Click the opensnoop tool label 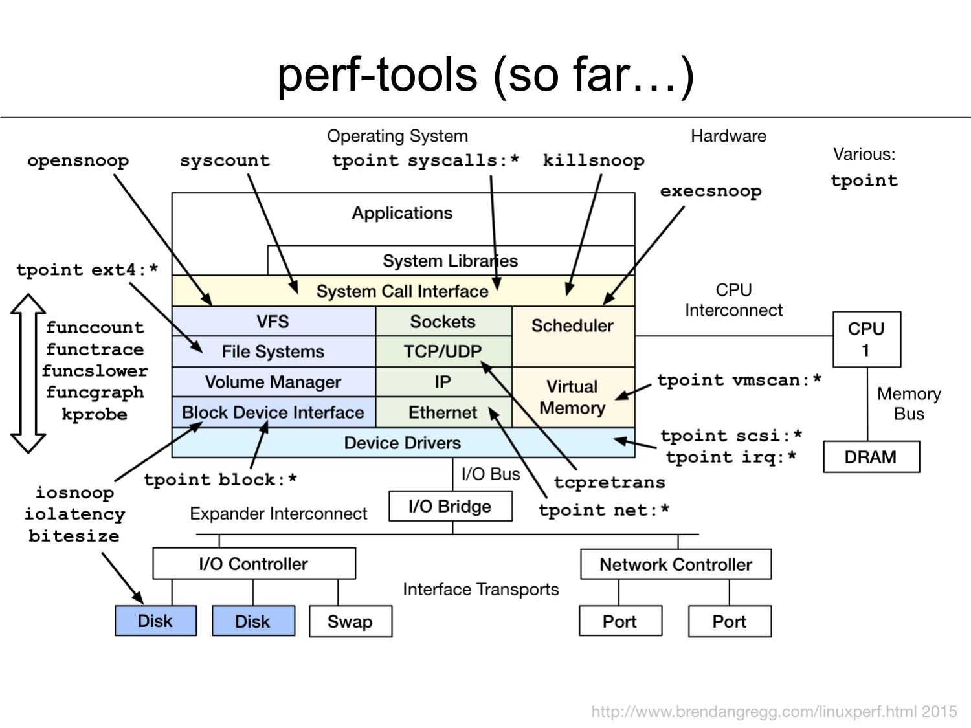pos(78,160)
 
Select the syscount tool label pos(225,160)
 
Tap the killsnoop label pos(593,160)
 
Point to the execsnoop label pos(710,192)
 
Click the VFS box pos(273,322)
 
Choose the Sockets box pos(443,322)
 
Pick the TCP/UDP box pos(443,351)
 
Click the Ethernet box pos(443,412)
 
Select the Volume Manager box pos(273,382)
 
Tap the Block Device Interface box pos(273,412)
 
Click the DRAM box pos(871,457)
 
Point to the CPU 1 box pos(866,339)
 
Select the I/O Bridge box pos(450,506)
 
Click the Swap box pos(350,621)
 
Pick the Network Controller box pos(675,564)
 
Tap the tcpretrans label pos(609,482)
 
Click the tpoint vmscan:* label pos(739,380)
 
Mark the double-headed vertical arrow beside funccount pos(28,373)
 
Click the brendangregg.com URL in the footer pos(774,711)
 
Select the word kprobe pos(95,414)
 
